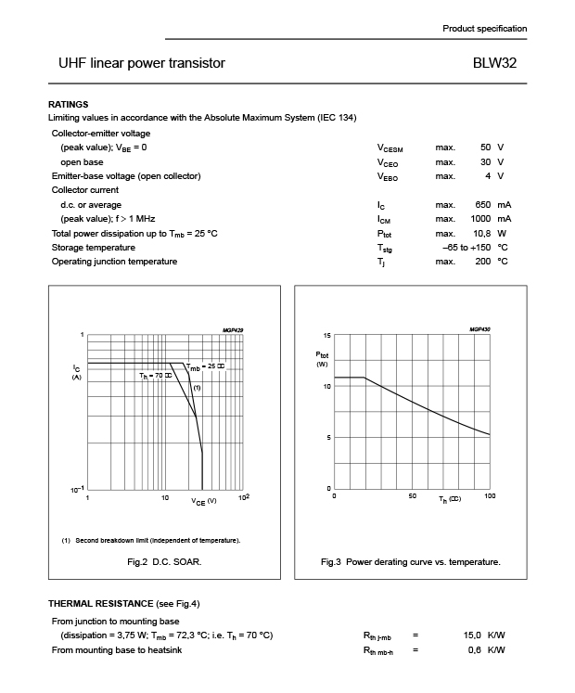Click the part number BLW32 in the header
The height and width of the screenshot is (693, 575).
point(494,64)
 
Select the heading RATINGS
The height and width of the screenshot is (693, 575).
point(68,104)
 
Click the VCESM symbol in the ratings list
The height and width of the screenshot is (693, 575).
point(390,148)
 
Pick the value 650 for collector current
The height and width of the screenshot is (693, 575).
point(481,205)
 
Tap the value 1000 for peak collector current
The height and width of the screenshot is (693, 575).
point(479,219)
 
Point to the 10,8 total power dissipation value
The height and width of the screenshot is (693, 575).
point(480,233)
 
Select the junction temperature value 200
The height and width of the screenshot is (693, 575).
point(482,262)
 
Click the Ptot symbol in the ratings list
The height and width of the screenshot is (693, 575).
point(386,234)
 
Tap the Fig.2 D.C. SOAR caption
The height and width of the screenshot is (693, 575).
point(164,562)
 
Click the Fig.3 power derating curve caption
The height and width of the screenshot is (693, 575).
point(410,562)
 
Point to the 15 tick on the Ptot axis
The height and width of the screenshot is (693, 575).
point(326,335)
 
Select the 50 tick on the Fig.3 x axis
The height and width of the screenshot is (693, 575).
point(412,496)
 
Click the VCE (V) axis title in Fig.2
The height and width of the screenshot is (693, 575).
point(204,501)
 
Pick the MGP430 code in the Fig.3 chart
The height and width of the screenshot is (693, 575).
point(479,329)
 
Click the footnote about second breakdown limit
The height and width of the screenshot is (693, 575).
point(150,540)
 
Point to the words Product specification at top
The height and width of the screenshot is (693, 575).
point(484,29)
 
